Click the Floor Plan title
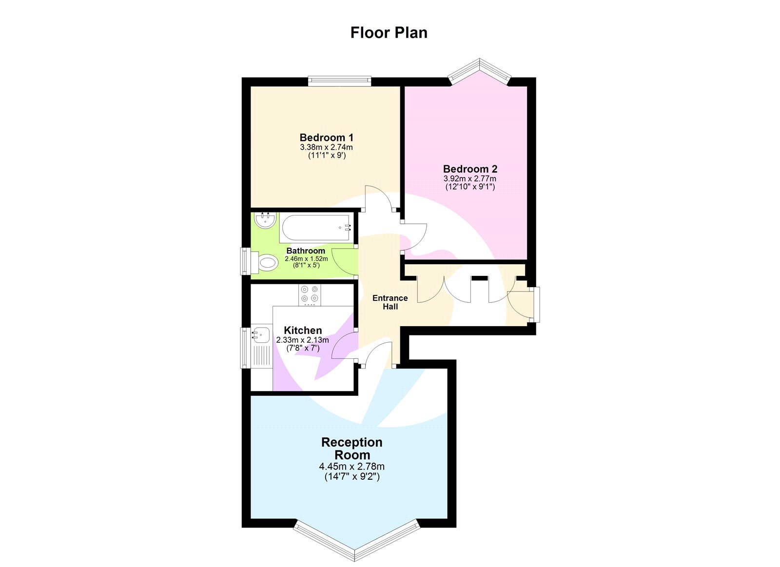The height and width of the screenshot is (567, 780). pyautogui.click(x=389, y=33)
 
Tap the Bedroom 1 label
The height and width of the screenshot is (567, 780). pyautogui.click(x=326, y=137)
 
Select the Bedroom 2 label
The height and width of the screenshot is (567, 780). pyautogui.click(x=470, y=169)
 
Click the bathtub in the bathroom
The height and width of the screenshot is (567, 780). pyautogui.click(x=314, y=228)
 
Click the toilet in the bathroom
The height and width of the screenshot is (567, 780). pyautogui.click(x=265, y=263)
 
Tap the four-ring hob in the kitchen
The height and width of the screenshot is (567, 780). pyautogui.click(x=310, y=294)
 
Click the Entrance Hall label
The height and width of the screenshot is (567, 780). pyautogui.click(x=390, y=302)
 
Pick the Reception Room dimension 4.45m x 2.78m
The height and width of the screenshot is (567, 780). pyautogui.click(x=351, y=467)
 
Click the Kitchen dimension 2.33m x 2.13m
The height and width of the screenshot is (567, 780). pyautogui.click(x=302, y=340)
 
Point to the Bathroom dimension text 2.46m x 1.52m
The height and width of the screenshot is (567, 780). pyautogui.click(x=306, y=259)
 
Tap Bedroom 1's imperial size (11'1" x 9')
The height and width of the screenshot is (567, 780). pyautogui.click(x=326, y=156)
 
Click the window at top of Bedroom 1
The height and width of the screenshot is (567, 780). pyautogui.click(x=339, y=81)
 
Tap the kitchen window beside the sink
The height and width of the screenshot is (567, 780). pyautogui.click(x=245, y=347)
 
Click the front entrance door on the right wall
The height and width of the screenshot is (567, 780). pyautogui.click(x=535, y=305)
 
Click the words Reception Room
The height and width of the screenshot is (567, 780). pyautogui.click(x=351, y=449)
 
